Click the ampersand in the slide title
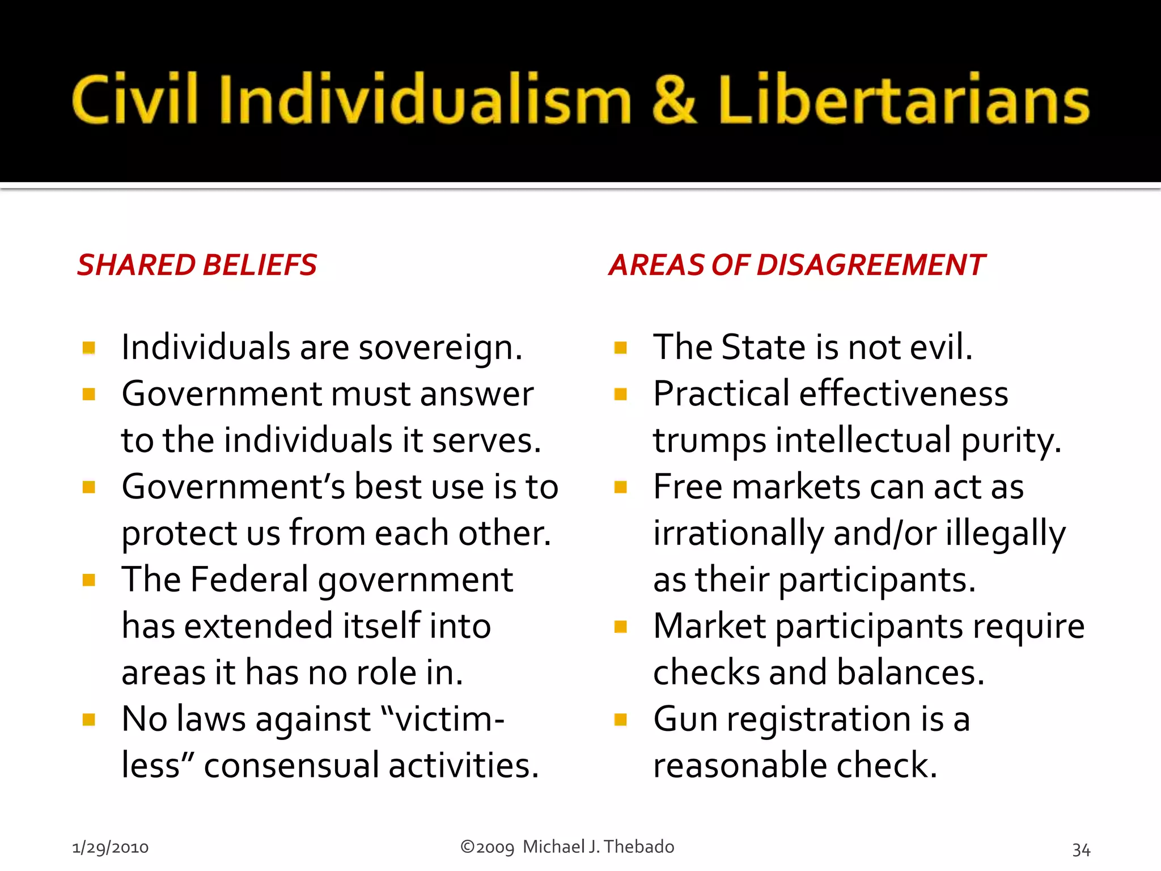click(x=674, y=99)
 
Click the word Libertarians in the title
click(x=904, y=99)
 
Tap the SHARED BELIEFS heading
click(x=197, y=265)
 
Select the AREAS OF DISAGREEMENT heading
click(x=797, y=265)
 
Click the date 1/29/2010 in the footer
click(x=110, y=848)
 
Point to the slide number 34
click(x=1081, y=849)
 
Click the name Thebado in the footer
click(x=639, y=847)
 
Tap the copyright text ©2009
click(x=487, y=847)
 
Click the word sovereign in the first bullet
click(x=440, y=348)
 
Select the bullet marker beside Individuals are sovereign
click(x=88, y=348)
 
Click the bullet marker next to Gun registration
click(x=621, y=720)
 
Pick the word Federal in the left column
click(x=249, y=580)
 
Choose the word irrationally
click(x=738, y=534)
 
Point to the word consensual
click(x=291, y=766)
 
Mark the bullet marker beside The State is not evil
click(x=621, y=348)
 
